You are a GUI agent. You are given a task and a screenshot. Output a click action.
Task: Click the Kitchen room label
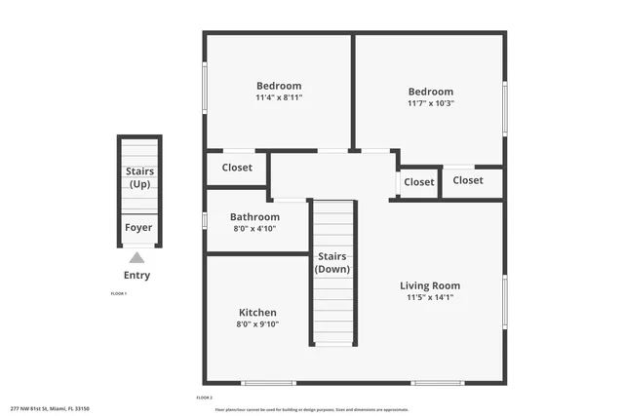click(257, 313)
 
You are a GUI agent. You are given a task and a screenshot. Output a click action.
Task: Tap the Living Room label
click(430, 285)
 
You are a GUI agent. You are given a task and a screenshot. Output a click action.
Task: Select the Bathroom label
click(254, 217)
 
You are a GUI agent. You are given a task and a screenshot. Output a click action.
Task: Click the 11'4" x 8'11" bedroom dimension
click(279, 97)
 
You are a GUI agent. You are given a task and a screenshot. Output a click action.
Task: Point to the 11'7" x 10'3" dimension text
click(431, 103)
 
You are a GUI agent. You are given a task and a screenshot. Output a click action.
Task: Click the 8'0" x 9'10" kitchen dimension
click(257, 324)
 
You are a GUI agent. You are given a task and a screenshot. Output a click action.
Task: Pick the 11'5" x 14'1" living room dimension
click(430, 297)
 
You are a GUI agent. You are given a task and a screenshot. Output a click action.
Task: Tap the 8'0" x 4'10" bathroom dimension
click(254, 229)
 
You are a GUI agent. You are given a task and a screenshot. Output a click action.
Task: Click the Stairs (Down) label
click(332, 263)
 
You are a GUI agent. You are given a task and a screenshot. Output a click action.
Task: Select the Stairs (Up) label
click(139, 177)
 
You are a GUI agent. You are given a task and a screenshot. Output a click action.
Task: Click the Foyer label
click(137, 228)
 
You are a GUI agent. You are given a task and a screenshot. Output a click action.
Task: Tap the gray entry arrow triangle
click(137, 258)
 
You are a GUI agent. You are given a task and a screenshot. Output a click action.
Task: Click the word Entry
click(136, 275)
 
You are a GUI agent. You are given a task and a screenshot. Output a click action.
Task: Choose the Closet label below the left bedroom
click(237, 168)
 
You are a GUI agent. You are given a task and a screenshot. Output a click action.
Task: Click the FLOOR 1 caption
click(119, 293)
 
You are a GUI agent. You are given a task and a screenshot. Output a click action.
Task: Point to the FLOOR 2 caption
click(205, 397)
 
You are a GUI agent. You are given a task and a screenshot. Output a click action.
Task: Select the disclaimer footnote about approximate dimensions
click(312, 409)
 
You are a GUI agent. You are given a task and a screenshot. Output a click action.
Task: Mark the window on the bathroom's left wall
click(204, 219)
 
